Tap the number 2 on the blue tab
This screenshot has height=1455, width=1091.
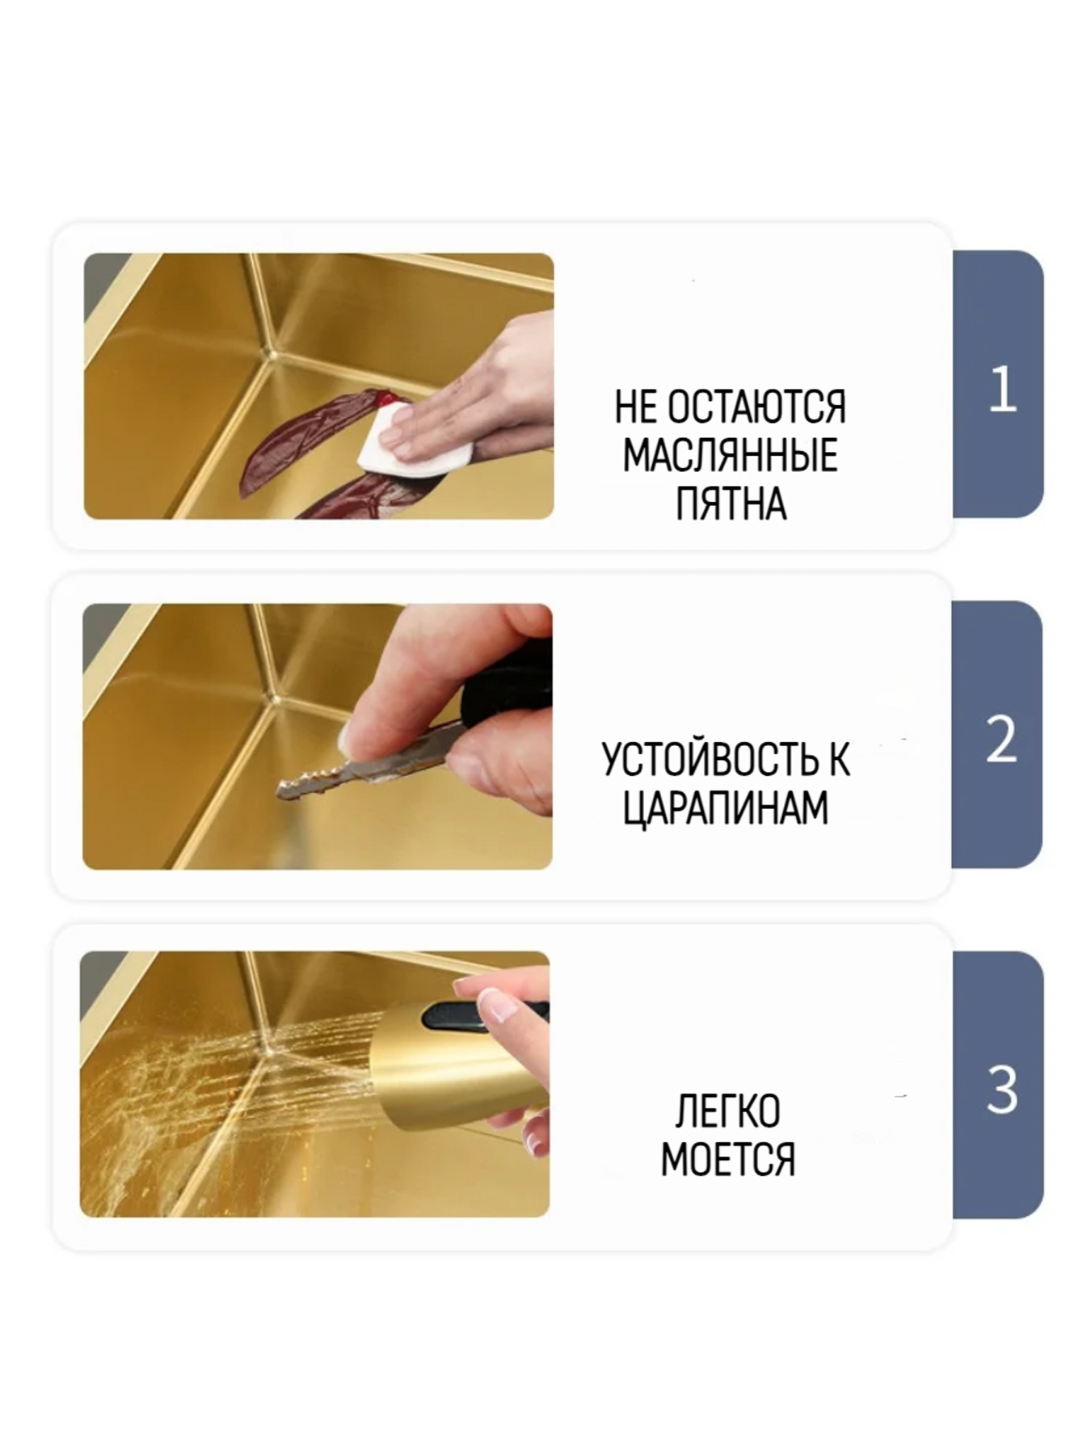coord(1000,739)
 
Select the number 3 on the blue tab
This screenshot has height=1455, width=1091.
coord(1001,1089)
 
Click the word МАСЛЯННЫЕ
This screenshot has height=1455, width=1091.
coord(730,456)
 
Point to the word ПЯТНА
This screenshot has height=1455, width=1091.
coord(731,504)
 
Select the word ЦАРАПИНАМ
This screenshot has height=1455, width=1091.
coord(726,808)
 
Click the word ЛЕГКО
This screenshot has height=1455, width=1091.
coord(727,1111)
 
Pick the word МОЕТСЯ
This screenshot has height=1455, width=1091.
coord(727,1159)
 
